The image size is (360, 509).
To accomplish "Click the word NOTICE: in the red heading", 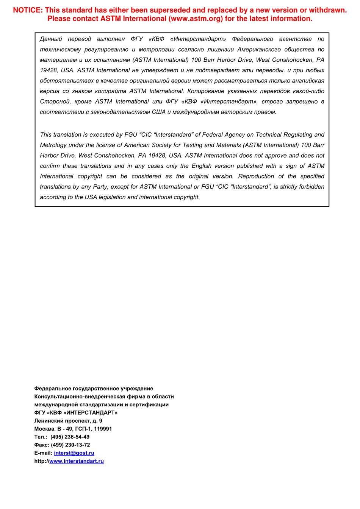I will (x=28, y=10).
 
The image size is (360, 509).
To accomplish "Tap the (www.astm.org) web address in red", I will (x=196, y=19).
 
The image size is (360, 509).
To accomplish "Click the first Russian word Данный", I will (x=51, y=39).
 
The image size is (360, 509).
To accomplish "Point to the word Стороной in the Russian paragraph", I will (x=55, y=101).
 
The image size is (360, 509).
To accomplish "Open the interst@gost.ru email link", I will (x=74, y=453).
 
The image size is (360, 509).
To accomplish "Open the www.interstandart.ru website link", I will (x=76, y=461).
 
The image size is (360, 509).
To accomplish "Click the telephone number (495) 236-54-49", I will (x=70, y=437).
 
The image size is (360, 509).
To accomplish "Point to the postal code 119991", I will (x=102, y=429).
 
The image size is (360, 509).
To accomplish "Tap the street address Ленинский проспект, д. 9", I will (x=68, y=421).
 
